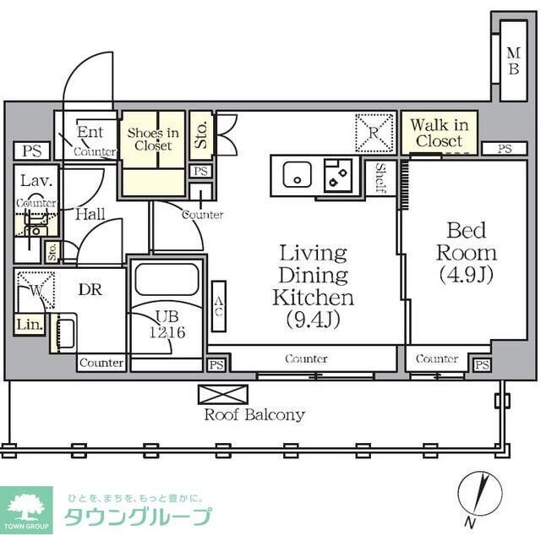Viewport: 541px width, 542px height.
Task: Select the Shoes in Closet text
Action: pos(152,139)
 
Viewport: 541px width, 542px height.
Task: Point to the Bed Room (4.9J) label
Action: pos(466,252)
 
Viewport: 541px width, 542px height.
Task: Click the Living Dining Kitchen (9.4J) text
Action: pos(313,287)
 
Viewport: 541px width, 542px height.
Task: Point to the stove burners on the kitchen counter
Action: pos(340,177)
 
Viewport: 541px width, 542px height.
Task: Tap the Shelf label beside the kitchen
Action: pos(381,178)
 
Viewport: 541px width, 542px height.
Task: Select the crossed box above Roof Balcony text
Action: pos(223,394)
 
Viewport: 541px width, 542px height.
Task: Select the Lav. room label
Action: pos(34,181)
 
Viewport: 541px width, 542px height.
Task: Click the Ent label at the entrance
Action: pos(90,132)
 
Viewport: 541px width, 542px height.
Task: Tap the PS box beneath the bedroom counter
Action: pos(481,365)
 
